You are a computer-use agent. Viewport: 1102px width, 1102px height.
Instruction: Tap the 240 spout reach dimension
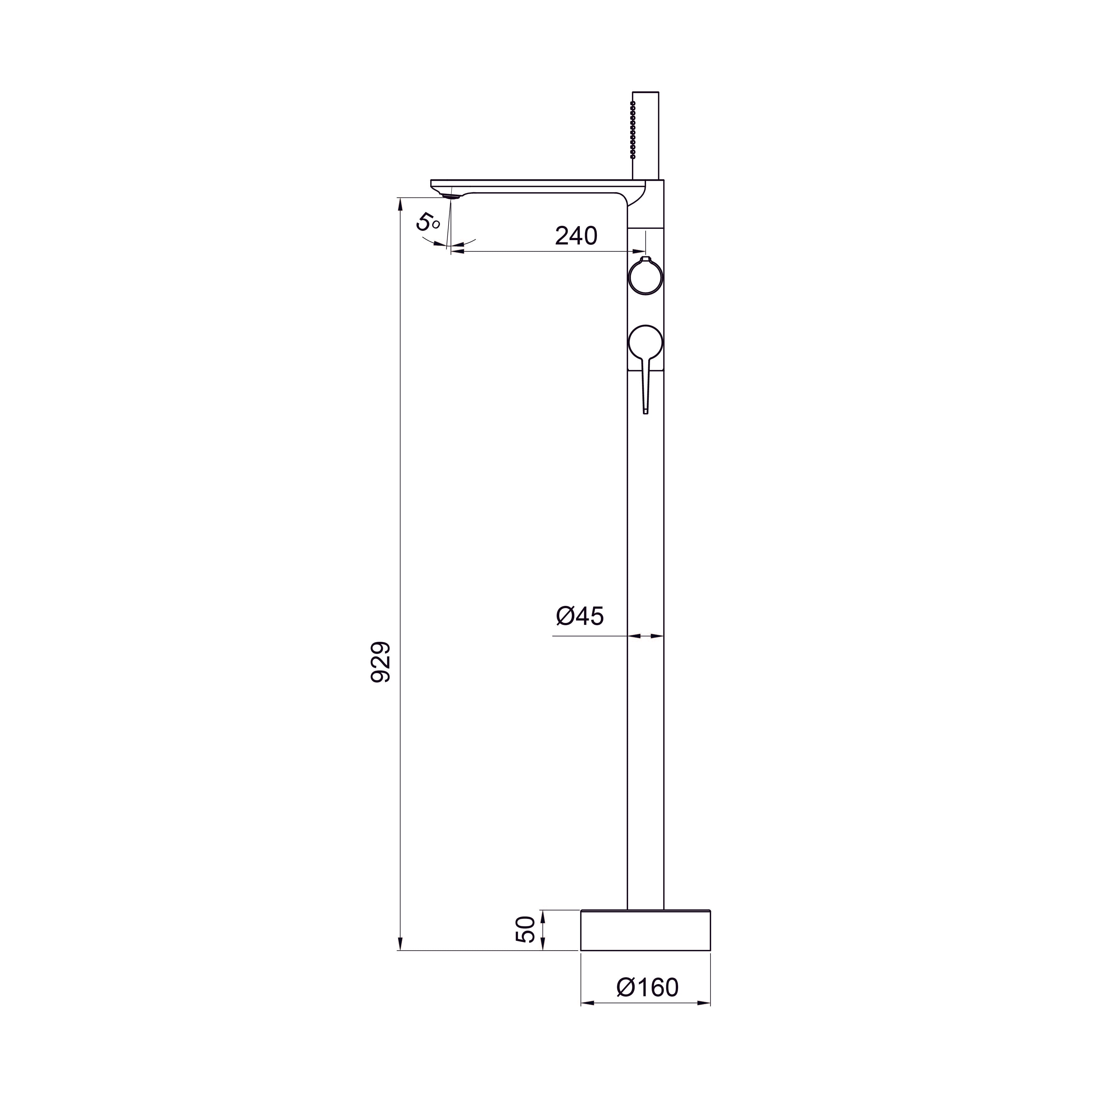click(x=576, y=235)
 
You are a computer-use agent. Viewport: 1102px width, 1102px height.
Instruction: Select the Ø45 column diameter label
click(x=579, y=616)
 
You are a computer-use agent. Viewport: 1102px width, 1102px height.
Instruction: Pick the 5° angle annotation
click(x=427, y=221)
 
